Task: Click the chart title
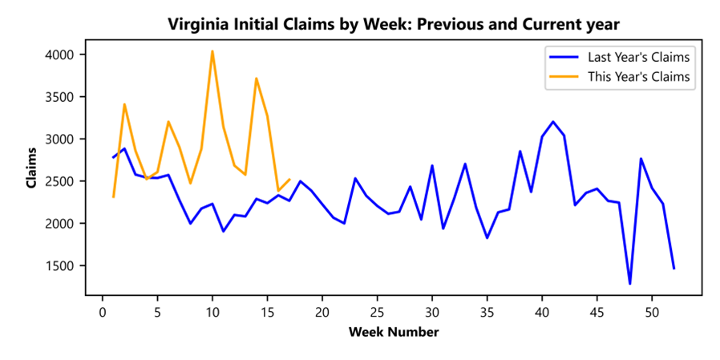tap(394, 24)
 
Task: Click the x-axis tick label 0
tap(103, 311)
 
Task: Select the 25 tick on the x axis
tap(377, 311)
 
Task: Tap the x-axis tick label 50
tap(652, 311)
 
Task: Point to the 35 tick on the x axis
tap(487, 311)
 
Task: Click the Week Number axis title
tap(394, 331)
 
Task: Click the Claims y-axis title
tap(31, 168)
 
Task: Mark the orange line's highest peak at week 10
tap(212, 51)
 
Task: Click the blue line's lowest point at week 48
tap(629, 283)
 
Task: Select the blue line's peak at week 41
tap(553, 122)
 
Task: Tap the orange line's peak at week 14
tap(256, 78)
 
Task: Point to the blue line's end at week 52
tap(673, 269)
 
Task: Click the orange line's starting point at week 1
tap(114, 196)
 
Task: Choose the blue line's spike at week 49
tap(641, 159)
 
